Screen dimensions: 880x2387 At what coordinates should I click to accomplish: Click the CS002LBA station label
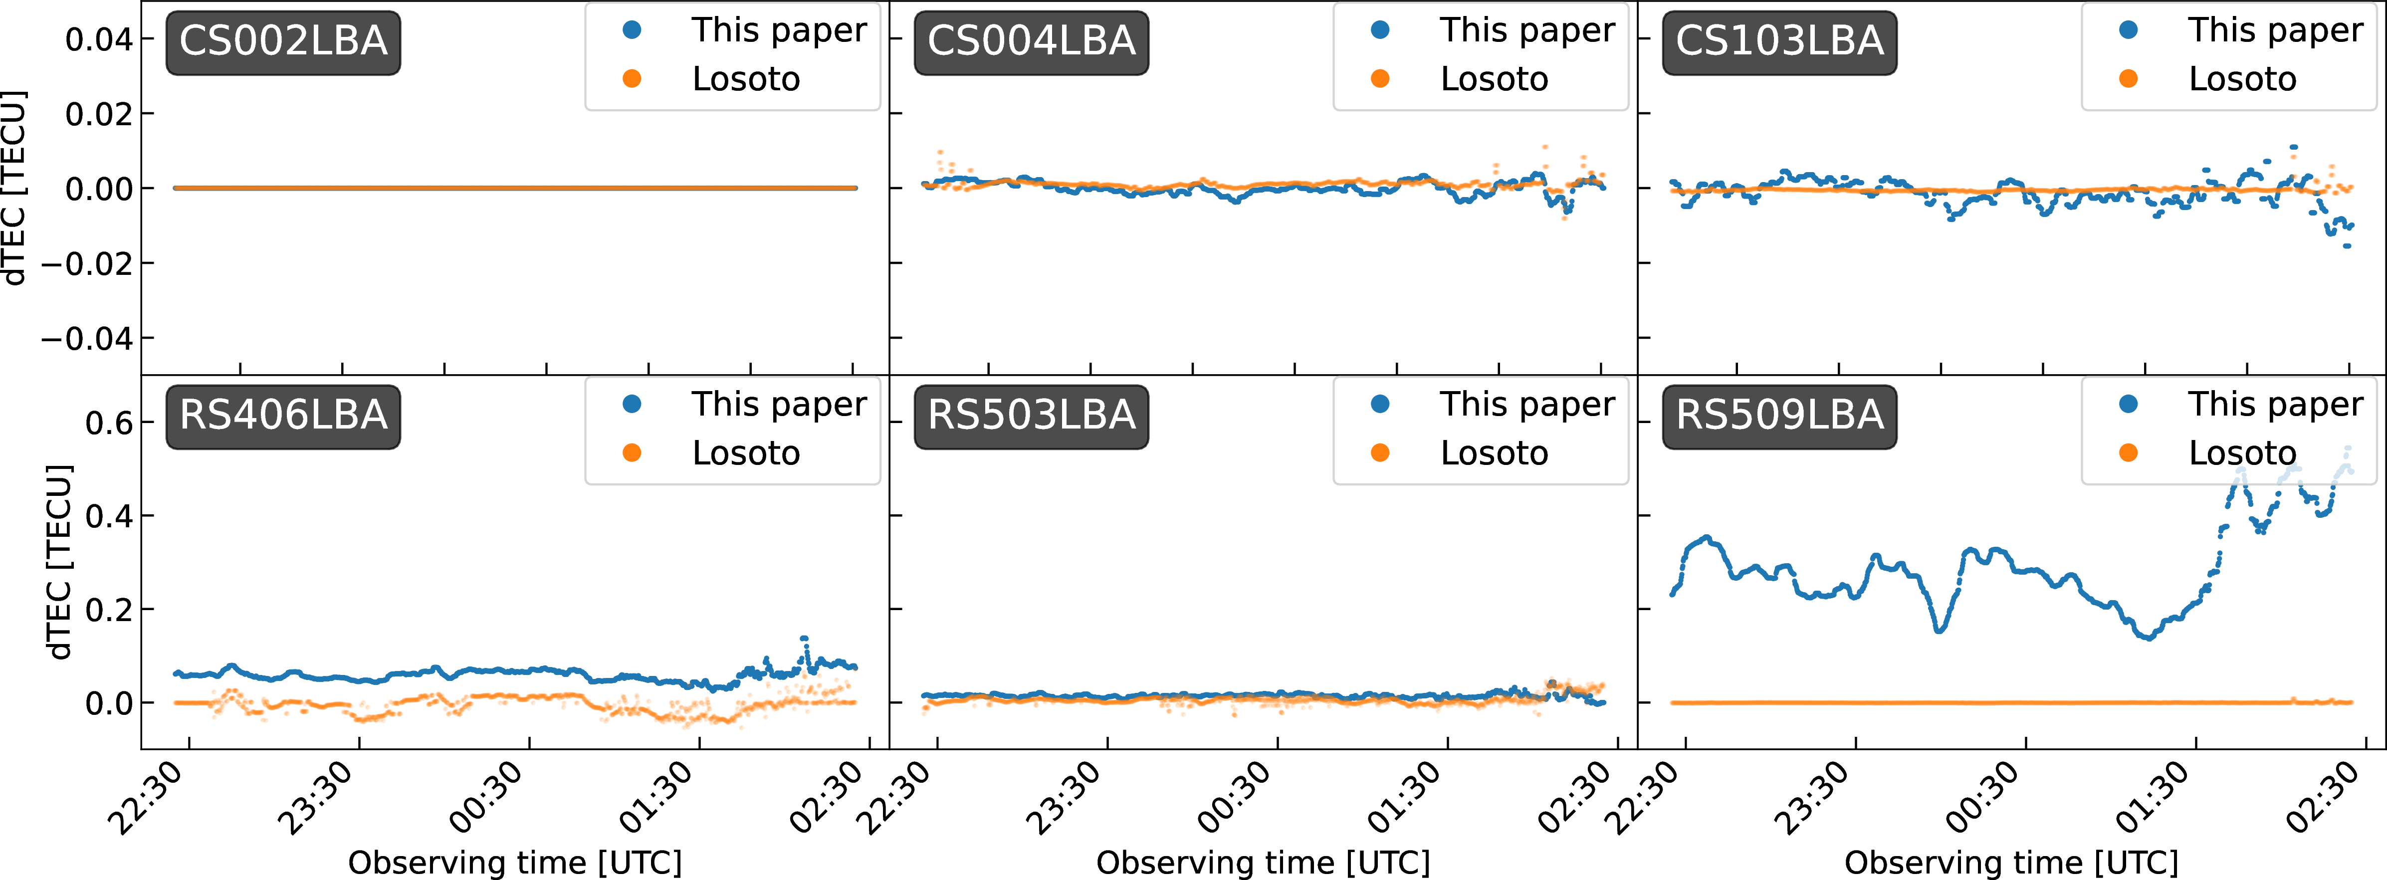point(283,42)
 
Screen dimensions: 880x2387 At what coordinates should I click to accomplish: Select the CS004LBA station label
point(1031,42)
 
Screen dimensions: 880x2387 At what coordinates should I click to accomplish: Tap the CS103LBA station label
point(1779,42)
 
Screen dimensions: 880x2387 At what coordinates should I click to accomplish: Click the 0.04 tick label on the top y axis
point(98,40)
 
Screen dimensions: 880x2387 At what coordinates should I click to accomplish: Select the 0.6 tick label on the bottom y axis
point(108,424)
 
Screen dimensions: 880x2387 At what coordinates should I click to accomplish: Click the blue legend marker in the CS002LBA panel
point(632,30)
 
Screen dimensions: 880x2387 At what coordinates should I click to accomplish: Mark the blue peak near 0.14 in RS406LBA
point(803,639)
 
